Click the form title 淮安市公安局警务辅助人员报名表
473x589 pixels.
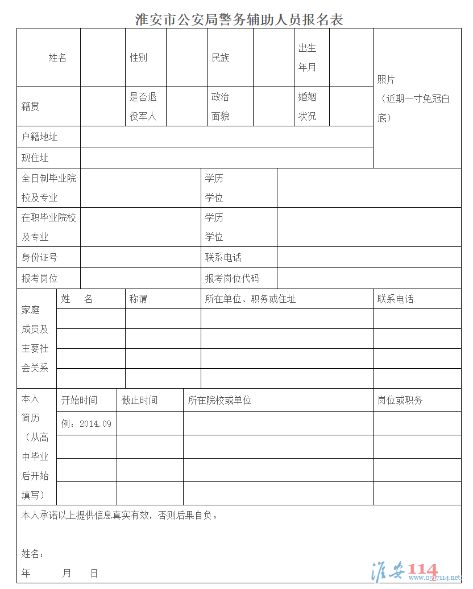(x=239, y=19)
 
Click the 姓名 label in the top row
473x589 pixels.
(x=57, y=58)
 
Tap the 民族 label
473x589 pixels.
(x=220, y=58)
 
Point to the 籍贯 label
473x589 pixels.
(x=31, y=107)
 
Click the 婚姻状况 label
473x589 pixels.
(x=307, y=107)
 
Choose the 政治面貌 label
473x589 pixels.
(x=220, y=107)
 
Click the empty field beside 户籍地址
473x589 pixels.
(x=226, y=137)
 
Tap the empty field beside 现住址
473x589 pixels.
(x=226, y=158)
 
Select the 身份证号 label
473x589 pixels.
(x=40, y=257)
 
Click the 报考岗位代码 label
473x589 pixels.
(x=232, y=278)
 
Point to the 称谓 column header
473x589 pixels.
(x=138, y=299)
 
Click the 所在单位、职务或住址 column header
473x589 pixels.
(x=250, y=299)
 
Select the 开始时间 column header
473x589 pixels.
(x=79, y=400)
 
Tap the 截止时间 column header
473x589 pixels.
(x=139, y=400)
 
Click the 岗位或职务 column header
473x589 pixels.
(x=400, y=400)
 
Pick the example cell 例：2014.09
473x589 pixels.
(x=86, y=424)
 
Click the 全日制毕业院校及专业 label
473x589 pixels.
(x=49, y=188)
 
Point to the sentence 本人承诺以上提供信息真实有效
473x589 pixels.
(x=119, y=516)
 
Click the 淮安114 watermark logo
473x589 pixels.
(x=404, y=570)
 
